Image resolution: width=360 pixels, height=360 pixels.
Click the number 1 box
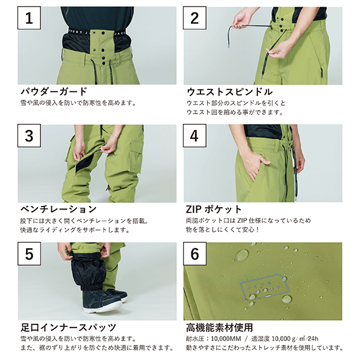point(29,18)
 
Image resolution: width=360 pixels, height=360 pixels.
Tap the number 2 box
point(194,18)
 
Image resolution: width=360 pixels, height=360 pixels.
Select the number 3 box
point(29,136)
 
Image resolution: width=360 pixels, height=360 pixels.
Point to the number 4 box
point(194,136)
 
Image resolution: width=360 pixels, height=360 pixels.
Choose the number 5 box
point(29,254)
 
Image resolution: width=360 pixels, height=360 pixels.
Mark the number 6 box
point(194,254)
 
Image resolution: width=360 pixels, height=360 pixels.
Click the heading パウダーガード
point(54,91)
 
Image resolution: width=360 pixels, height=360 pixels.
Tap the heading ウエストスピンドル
point(230,92)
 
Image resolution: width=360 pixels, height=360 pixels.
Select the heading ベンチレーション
point(59,209)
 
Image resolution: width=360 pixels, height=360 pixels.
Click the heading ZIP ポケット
point(214,209)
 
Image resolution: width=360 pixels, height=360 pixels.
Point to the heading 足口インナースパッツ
point(68,327)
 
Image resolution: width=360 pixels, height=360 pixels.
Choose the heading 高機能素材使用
point(219,327)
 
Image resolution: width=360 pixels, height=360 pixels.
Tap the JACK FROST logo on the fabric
point(265,287)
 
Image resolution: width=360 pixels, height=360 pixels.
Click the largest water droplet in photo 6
point(242,255)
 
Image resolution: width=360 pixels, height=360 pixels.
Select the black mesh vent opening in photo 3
point(85,162)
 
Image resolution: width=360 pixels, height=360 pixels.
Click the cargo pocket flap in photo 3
point(137,145)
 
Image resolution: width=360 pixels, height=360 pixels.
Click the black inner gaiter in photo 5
point(88,271)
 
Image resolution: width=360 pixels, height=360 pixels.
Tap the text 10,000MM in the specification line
point(226,339)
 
